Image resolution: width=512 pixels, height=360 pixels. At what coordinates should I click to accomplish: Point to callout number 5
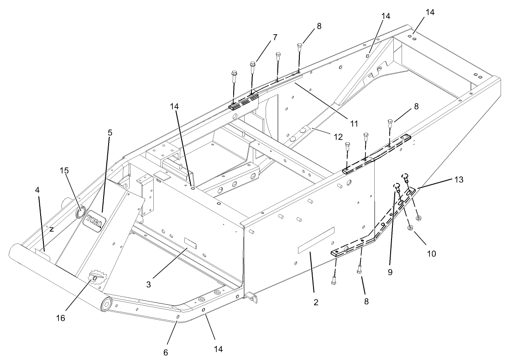(x=110, y=133)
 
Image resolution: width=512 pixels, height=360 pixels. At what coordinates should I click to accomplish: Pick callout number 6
(x=166, y=352)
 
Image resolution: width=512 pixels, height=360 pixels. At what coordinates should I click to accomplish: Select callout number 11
(x=352, y=123)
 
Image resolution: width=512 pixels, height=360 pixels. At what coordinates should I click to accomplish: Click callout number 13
(x=458, y=179)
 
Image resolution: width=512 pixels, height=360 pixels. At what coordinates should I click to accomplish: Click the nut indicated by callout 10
(x=410, y=228)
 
